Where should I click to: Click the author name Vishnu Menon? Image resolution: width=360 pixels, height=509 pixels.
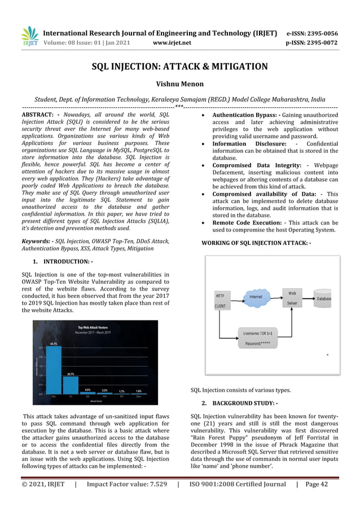[180, 84]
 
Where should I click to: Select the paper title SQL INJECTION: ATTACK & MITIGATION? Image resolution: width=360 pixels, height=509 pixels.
[180, 67]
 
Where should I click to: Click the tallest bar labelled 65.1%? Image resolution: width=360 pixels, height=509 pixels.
[54, 372]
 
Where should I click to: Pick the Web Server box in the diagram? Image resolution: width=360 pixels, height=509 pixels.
[292, 297]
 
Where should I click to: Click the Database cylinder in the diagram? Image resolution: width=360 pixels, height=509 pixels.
[323, 297]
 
